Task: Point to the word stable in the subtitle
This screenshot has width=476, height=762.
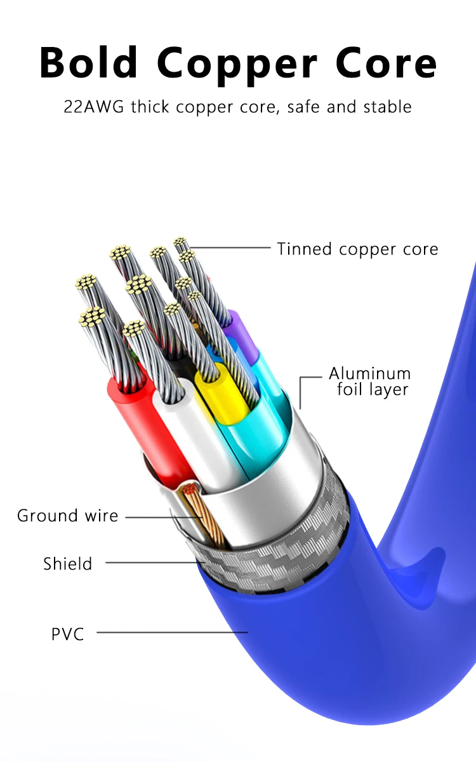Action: tap(387, 106)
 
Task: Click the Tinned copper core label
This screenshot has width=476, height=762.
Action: tap(357, 249)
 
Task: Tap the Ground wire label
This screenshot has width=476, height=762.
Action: tap(67, 516)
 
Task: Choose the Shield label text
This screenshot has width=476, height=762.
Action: tap(67, 563)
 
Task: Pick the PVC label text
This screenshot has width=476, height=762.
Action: tap(67, 633)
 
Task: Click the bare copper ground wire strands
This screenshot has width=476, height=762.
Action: tap(202, 514)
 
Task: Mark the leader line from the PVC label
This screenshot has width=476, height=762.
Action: tap(171, 632)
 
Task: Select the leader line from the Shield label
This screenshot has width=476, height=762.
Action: tap(152, 563)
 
